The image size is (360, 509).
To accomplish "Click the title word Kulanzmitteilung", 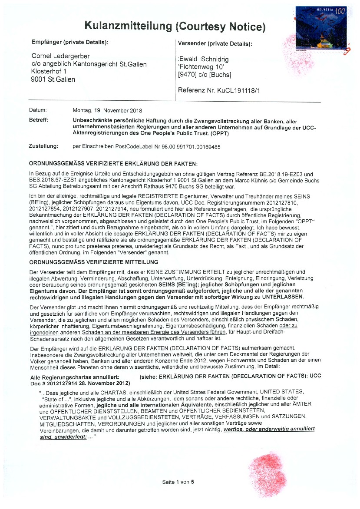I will tap(128, 26).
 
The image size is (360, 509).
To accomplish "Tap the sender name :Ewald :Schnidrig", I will tap(202, 59).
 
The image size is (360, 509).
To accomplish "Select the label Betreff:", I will tap(38, 119).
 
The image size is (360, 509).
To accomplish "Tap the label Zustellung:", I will tap(43, 146).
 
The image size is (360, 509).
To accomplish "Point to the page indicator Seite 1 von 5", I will tap(178, 482).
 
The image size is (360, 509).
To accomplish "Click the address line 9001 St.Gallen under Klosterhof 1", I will tap(53, 79).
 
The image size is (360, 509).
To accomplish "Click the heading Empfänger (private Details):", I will tap(69, 42).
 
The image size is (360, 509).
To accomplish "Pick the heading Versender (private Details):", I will tap(215, 43).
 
